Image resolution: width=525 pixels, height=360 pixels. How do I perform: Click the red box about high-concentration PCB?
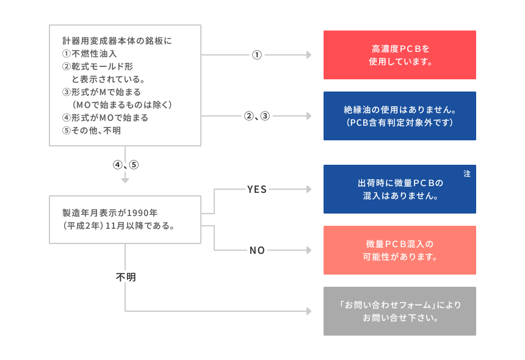pyautogui.click(x=399, y=55)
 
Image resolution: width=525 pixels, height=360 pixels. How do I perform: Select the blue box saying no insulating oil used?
pyautogui.click(x=399, y=116)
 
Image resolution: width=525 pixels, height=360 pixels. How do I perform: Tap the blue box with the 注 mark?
pyautogui.click(x=399, y=189)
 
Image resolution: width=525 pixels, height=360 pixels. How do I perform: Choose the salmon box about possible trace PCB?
pyautogui.click(x=399, y=250)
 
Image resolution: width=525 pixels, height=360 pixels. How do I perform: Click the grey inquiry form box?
pyautogui.click(x=399, y=311)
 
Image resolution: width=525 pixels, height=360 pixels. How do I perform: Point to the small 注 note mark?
pyautogui.click(x=467, y=174)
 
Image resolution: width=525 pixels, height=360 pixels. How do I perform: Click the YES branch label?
pyautogui.click(x=257, y=189)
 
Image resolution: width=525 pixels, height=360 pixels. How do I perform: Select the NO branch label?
pyautogui.click(x=257, y=250)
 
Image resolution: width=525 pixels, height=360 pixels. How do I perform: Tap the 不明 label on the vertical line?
pyautogui.click(x=126, y=277)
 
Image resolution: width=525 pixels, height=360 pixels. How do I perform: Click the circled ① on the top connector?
pyautogui.click(x=257, y=55)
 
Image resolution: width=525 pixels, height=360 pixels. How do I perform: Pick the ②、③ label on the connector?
pyautogui.click(x=257, y=116)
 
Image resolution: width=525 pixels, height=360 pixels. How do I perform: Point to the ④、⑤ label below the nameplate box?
pyautogui.click(x=126, y=165)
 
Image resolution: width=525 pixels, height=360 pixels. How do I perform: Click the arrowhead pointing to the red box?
pyautogui.click(x=309, y=55)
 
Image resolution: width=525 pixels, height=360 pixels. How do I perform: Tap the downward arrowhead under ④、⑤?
pyautogui.click(x=125, y=181)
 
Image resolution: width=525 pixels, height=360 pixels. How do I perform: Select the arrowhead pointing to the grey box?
pyautogui.click(x=309, y=311)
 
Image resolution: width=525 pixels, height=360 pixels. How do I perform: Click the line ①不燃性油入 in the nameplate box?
pyautogui.click(x=89, y=54)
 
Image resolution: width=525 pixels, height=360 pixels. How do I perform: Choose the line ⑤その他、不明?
pyautogui.click(x=92, y=131)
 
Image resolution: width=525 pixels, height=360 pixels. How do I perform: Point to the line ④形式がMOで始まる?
pyautogui.click(x=105, y=118)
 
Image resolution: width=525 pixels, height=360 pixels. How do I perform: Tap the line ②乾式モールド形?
pyautogui.click(x=98, y=67)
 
